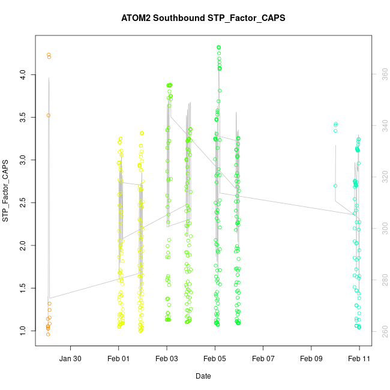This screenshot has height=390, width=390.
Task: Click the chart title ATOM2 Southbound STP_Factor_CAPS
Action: point(203,18)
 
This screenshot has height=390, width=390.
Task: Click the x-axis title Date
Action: point(203,376)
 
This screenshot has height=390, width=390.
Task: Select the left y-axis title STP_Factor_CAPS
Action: point(6,191)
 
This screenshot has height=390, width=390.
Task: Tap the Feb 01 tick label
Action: point(119,358)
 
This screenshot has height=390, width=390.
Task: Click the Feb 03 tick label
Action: point(167,358)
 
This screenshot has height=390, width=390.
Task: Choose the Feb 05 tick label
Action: point(215,358)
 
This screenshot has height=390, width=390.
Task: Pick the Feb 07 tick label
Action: point(263,358)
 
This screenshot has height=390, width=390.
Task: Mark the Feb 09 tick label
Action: point(311,358)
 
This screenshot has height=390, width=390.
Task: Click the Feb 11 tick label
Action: point(359,358)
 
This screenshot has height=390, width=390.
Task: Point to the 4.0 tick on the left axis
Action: point(22,74)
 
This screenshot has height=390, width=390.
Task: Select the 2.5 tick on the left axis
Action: point(22,203)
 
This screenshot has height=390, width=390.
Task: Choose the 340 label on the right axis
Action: point(381,124)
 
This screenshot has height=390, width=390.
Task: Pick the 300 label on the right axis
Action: point(381,228)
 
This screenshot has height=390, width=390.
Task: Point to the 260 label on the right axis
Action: point(381,331)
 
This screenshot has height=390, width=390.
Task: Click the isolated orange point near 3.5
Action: point(48,115)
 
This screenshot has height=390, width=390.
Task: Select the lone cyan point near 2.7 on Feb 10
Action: point(335,186)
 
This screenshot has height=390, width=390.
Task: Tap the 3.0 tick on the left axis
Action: point(22,160)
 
